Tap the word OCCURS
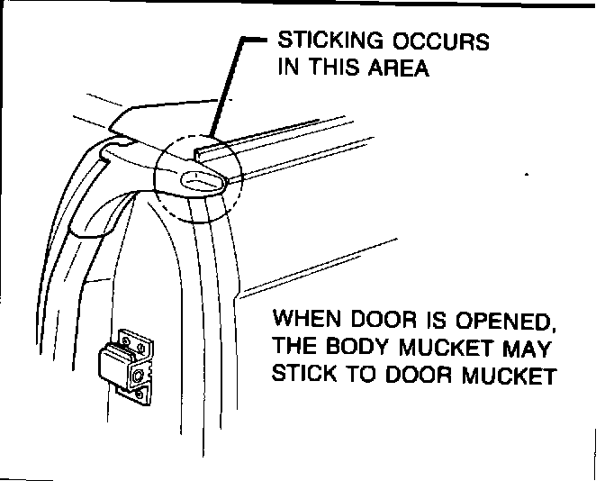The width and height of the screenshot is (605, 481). (442, 42)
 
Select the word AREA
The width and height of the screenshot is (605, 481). (398, 69)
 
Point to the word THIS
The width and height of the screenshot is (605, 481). (335, 69)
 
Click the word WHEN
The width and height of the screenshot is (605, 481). (305, 321)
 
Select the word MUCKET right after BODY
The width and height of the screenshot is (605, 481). (445, 348)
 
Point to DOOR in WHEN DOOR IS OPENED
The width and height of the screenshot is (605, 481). (383, 321)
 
